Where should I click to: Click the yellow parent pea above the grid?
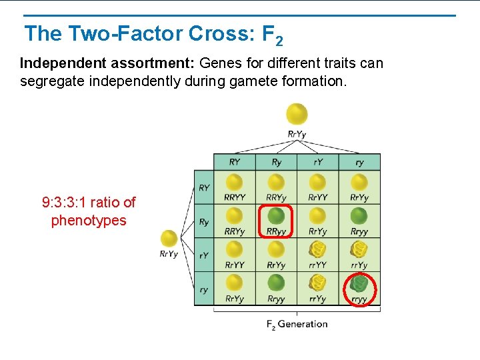(297, 113)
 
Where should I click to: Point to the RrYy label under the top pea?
(297, 134)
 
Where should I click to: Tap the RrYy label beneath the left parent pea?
(169, 254)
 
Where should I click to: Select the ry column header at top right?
(359, 162)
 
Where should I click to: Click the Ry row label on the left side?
(204, 222)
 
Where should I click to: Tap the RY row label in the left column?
(204, 188)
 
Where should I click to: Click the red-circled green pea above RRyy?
(276, 216)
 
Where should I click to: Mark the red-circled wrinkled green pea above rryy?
(360, 283)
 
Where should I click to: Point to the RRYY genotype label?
(235, 197)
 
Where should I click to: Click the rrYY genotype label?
(318, 265)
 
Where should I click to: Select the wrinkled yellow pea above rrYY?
(318, 249)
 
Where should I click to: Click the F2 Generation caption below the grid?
(297, 324)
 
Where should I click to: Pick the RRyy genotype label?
(276, 231)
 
